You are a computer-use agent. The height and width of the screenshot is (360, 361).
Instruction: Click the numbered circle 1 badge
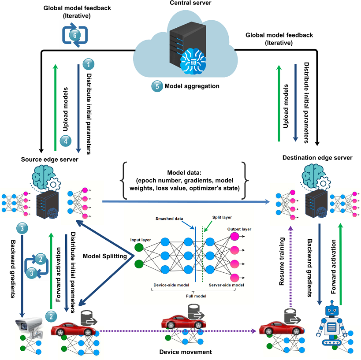(x=89, y=64)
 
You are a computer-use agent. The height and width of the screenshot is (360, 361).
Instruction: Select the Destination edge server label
(x=317, y=157)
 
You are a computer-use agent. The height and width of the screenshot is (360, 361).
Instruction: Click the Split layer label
(x=221, y=217)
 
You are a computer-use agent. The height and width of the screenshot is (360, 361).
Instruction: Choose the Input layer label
(x=140, y=240)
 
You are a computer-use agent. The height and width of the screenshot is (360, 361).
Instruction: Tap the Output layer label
(x=239, y=229)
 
